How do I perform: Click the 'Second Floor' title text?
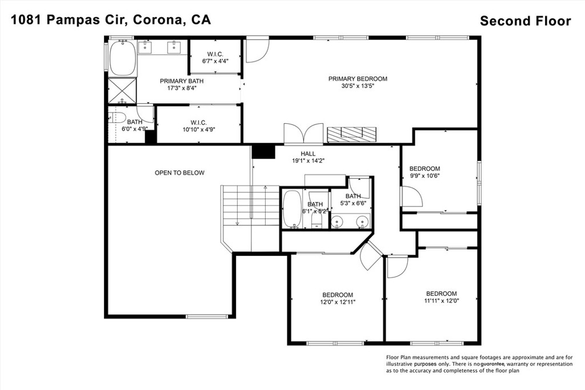(x=526, y=21)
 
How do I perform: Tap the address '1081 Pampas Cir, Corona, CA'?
(x=111, y=19)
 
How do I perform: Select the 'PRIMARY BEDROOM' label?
(x=358, y=79)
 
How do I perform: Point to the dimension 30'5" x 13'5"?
(x=358, y=86)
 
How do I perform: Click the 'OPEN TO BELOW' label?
(x=180, y=172)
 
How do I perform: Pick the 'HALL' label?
(x=308, y=154)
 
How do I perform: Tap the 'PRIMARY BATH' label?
(x=182, y=81)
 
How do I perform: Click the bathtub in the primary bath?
(x=123, y=58)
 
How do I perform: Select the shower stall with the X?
(x=122, y=91)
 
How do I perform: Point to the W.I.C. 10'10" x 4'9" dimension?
(x=198, y=130)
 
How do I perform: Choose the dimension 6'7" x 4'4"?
(x=215, y=61)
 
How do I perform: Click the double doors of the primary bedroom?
(x=304, y=134)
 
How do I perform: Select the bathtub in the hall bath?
(x=292, y=209)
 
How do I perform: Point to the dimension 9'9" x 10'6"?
(x=424, y=176)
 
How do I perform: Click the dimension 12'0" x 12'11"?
(x=338, y=302)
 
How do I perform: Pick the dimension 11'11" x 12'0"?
(x=442, y=300)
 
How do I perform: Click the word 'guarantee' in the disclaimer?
(x=493, y=364)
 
